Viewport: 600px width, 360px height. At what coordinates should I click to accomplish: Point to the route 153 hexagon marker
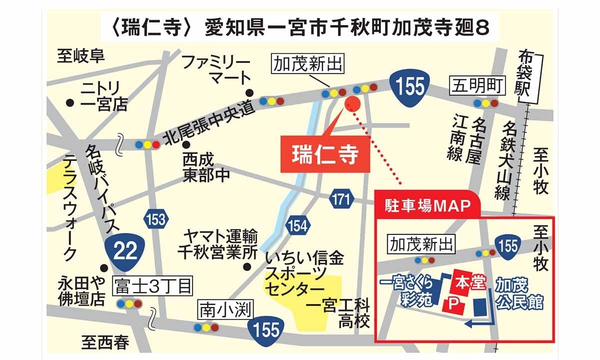point(156,218)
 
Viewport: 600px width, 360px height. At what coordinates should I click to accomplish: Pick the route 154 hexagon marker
point(297,225)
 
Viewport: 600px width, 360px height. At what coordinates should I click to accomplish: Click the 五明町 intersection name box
point(477,85)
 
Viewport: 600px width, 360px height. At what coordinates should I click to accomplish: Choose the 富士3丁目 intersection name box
point(153,286)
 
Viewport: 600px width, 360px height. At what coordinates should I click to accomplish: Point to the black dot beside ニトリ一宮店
point(70,102)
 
